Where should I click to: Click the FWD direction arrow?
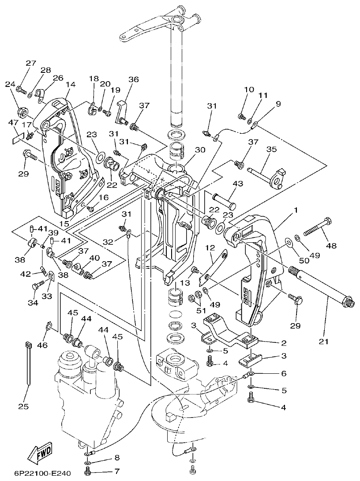(x=39, y=452)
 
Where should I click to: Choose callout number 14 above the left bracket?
(x=71, y=84)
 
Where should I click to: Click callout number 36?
(x=133, y=79)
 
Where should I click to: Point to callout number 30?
(x=200, y=150)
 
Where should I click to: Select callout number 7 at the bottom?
(x=117, y=471)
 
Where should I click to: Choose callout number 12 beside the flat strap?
(x=210, y=248)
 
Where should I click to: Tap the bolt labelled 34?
(x=37, y=286)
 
